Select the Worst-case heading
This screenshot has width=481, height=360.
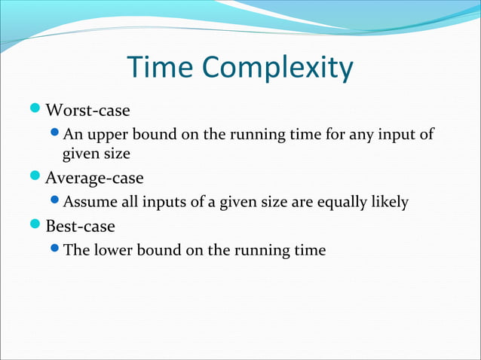(x=87, y=111)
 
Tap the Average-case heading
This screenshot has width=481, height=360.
(x=94, y=178)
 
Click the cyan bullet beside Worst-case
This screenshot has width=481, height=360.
(x=38, y=111)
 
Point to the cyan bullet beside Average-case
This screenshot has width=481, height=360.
(x=38, y=178)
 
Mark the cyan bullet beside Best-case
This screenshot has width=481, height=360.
(x=38, y=225)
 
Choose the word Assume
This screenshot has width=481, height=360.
(x=89, y=202)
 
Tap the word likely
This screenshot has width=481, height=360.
(x=388, y=202)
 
